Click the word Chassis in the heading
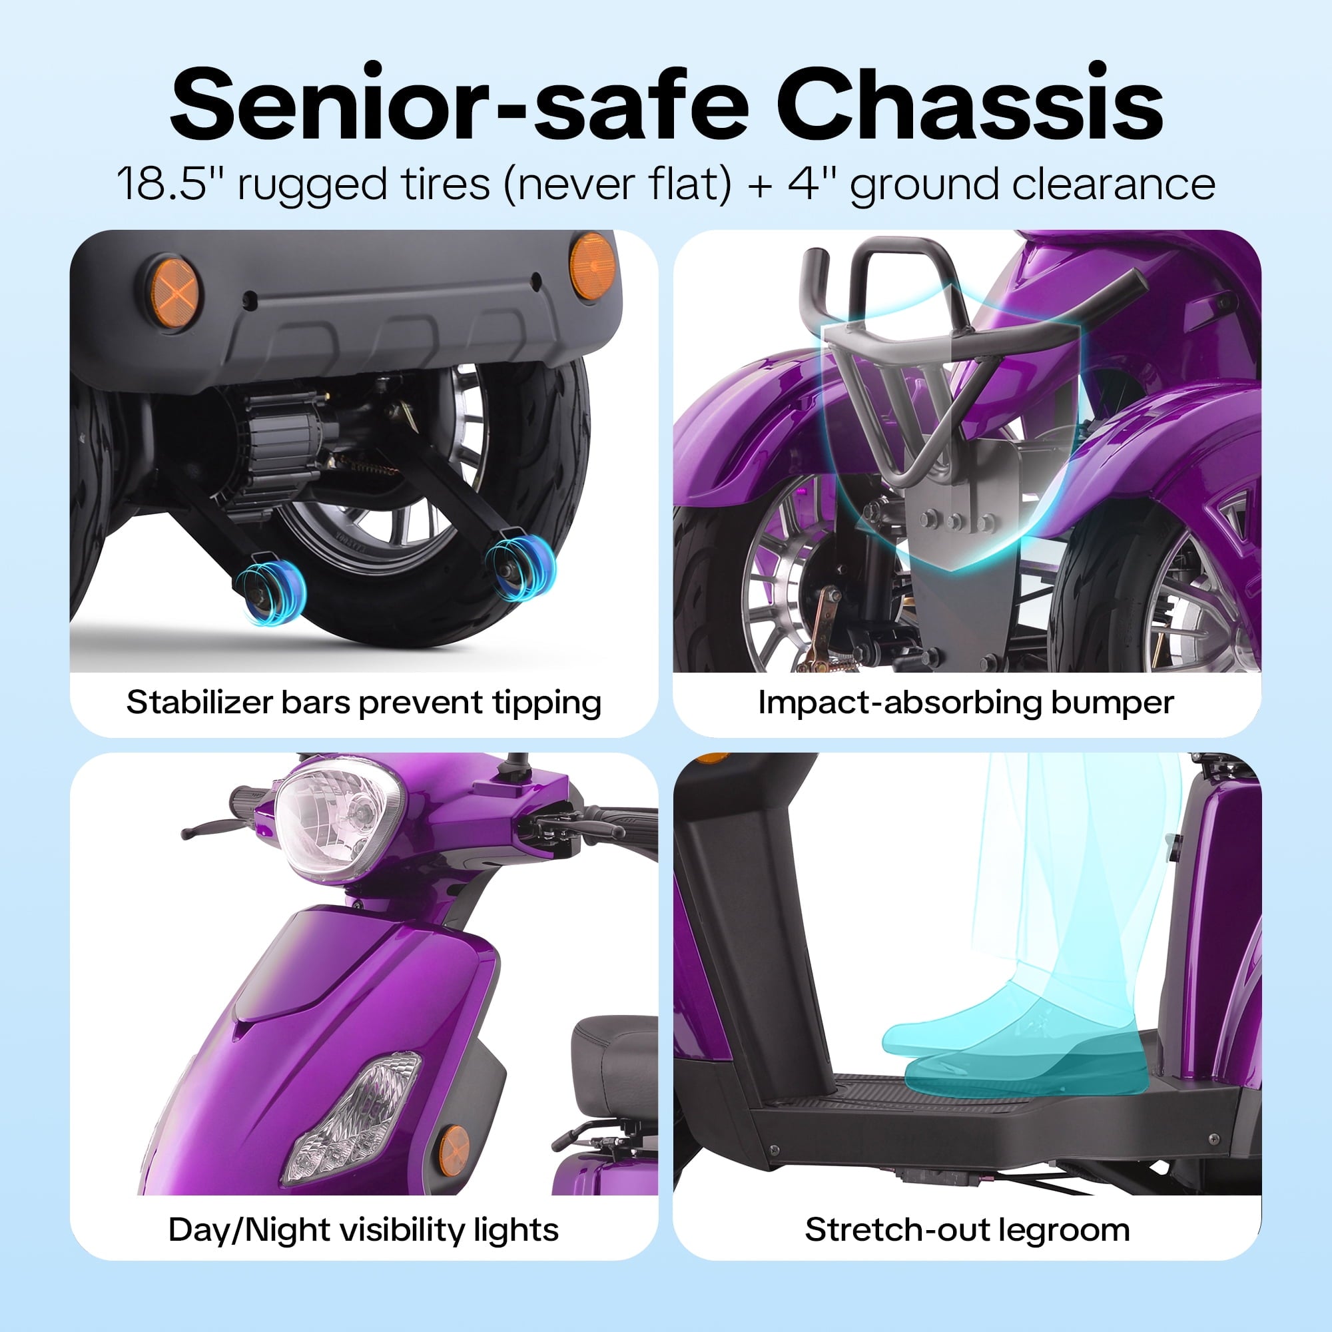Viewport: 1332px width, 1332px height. coord(970,103)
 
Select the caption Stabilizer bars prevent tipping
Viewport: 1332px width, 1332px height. coord(364,703)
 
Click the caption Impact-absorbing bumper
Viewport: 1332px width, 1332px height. coord(966,703)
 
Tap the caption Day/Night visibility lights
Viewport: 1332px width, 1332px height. coord(364,1230)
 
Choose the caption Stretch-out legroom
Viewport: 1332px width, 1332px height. coord(967,1230)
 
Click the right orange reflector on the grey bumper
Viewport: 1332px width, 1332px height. coord(591,266)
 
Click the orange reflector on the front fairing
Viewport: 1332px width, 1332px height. coord(454,1151)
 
